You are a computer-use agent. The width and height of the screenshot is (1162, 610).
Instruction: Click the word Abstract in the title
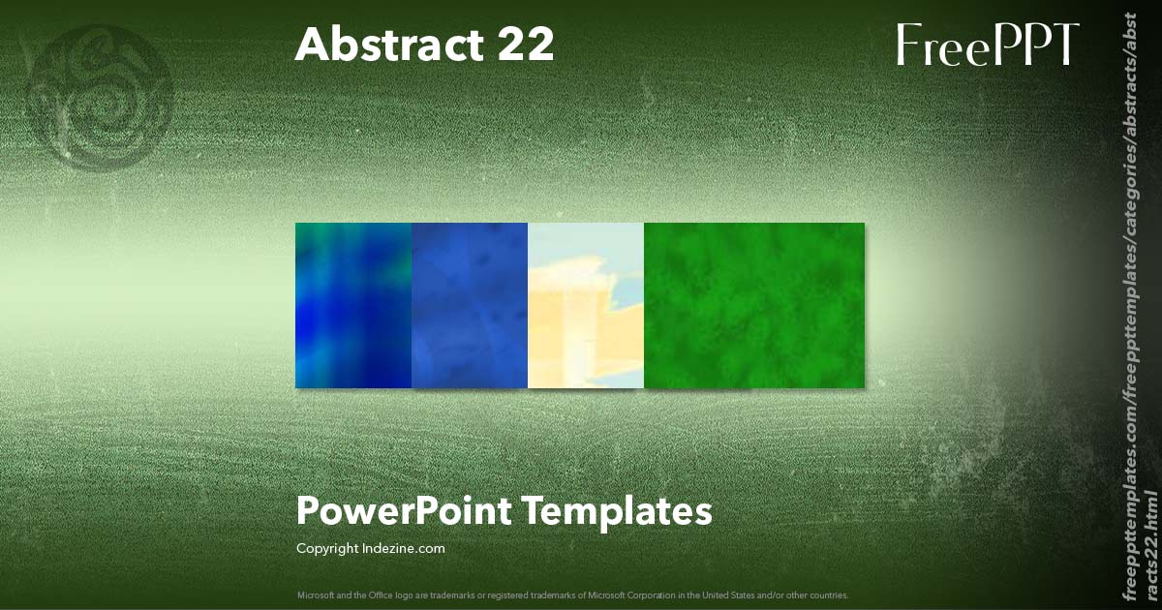389,45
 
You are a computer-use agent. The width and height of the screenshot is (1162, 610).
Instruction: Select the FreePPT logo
988,45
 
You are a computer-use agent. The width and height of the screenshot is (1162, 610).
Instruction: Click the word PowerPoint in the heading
404,512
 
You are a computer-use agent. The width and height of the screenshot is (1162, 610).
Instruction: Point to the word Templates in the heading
618,512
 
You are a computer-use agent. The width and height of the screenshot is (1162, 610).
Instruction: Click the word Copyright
327,549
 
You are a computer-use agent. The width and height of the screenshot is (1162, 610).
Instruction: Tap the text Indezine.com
403,548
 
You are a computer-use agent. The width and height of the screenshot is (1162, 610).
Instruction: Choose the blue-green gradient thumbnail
353,306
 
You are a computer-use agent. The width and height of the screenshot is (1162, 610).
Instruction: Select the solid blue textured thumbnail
470,306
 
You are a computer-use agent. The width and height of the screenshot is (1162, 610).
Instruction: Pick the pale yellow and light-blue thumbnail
586,306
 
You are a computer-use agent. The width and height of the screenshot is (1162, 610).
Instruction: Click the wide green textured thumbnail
754,306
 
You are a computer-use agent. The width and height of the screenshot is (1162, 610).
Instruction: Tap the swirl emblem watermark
99,99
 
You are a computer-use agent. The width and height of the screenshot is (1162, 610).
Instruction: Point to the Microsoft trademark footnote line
572,595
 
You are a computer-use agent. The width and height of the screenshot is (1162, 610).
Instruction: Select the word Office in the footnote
382,595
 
